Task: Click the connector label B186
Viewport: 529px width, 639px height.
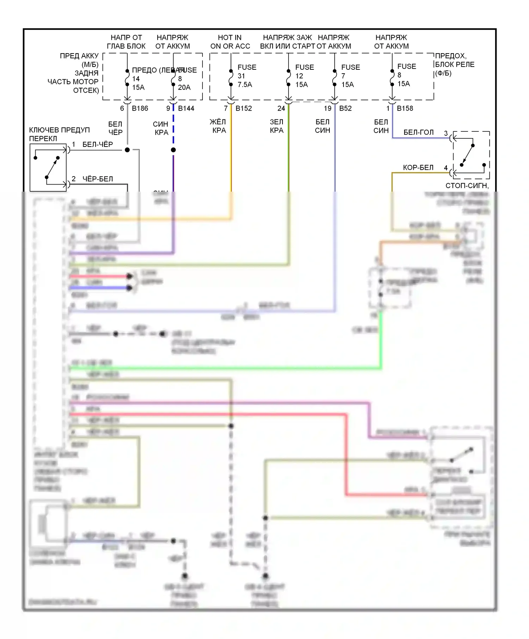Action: pos(140,108)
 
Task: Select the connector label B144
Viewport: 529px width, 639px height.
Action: pos(186,108)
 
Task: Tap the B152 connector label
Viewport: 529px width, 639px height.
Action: pos(244,108)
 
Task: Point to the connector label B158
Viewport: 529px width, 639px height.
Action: pos(405,108)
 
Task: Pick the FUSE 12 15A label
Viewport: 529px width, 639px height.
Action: pos(304,76)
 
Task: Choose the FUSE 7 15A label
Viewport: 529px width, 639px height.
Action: pos(350,76)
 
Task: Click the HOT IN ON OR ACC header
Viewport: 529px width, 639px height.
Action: pos(230,42)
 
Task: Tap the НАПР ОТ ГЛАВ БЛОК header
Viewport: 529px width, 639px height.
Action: pos(126,42)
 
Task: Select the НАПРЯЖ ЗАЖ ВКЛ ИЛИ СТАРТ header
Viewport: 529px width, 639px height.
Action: pos(287,42)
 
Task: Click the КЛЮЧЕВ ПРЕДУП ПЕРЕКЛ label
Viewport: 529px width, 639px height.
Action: pos(59,134)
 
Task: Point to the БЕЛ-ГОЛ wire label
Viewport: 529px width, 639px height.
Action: pos(418,132)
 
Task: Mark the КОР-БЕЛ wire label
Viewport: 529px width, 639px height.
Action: pos(418,168)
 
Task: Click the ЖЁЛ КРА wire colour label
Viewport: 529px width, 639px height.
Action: pos(219,126)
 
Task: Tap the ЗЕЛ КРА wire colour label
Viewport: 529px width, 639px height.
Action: pos(276,126)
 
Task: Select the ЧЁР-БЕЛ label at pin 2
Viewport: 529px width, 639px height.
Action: pos(98,179)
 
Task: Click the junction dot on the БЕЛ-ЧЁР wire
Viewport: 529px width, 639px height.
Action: pos(127,150)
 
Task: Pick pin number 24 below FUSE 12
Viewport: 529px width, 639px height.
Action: pos(281,108)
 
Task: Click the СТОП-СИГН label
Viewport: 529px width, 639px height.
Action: pos(467,186)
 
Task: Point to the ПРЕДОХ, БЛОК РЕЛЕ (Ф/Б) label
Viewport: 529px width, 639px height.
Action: pos(455,64)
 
